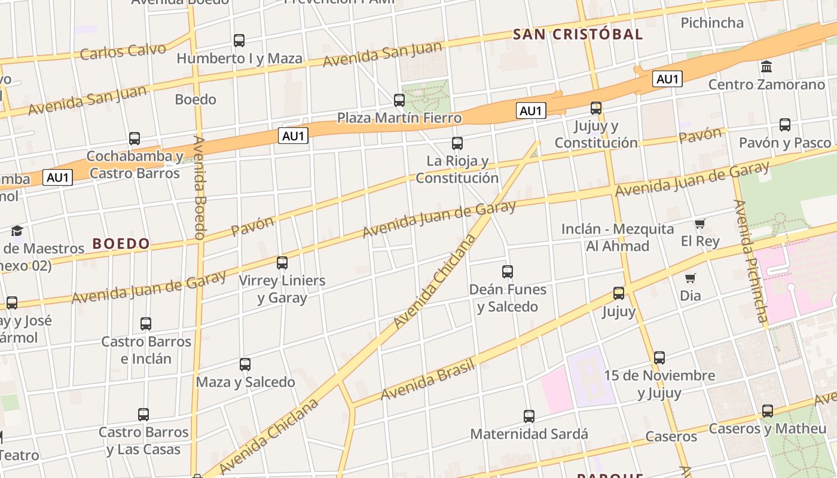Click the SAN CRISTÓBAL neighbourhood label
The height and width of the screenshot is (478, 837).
point(578,34)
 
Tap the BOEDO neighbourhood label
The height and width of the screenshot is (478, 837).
point(121,244)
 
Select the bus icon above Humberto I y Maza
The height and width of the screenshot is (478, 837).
point(239,41)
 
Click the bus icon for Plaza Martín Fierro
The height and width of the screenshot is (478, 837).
point(399,100)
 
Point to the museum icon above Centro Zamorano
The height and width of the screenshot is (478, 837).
point(766,66)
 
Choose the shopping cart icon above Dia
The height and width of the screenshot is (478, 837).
point(691,278)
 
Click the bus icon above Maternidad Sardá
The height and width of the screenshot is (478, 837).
point(529,416)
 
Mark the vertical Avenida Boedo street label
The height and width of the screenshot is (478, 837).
point(200,188)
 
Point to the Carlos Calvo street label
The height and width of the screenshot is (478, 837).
point(123,51)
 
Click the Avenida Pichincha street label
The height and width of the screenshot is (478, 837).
point(750,261)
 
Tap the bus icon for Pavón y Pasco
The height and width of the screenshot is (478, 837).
point(785,125)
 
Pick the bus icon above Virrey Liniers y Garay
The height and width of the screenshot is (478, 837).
point(282,262)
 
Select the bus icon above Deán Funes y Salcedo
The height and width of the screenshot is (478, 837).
point(508,272)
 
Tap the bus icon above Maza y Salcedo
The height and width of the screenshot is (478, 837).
point(245,364)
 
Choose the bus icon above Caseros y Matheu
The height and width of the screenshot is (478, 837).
point(768,411)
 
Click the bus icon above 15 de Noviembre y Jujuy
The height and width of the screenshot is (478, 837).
point(659,358)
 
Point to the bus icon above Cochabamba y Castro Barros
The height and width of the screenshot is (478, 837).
point(135,139)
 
